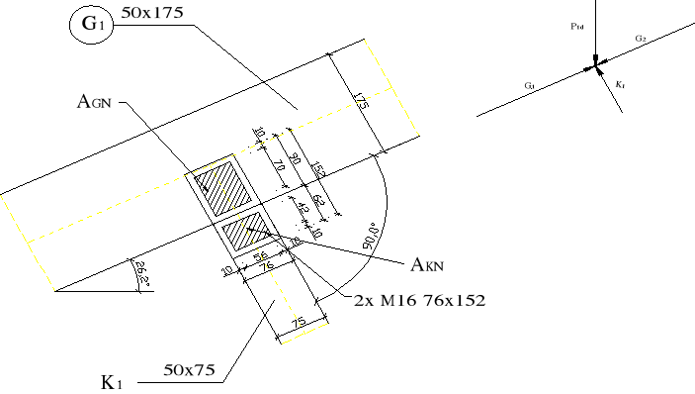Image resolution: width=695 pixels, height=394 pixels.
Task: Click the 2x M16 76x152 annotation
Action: (x=420, y=300)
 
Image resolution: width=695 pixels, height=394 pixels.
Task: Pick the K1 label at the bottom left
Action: (x=112, y=381)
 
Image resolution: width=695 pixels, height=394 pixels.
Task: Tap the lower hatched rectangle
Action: (x=243, y=232)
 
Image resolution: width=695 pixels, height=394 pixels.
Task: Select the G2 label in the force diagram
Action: (x=640, y=39)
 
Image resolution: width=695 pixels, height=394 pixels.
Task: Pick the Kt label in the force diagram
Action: (x=619, y=86)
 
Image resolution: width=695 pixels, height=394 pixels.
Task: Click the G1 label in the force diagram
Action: (x=530, y=87)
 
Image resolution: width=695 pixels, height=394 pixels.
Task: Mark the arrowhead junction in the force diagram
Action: (x=595, y=66)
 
